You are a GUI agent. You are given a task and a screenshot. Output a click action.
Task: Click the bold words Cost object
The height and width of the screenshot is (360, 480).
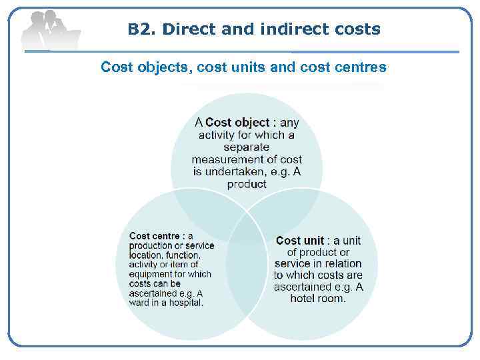point(237,123)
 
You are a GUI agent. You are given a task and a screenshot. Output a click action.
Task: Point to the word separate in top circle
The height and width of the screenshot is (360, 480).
point(246,147)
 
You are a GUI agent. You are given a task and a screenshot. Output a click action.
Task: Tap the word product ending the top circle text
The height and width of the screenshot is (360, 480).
point(247,184)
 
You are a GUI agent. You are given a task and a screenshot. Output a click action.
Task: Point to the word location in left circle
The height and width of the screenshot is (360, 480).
point(146,255)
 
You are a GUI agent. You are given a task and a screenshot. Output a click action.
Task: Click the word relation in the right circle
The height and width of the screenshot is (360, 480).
point(342,263)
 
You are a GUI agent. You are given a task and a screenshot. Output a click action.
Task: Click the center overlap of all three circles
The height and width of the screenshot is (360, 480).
point(247,227)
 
